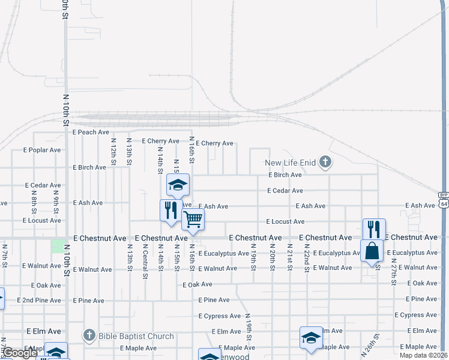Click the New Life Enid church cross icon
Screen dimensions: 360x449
pyautogui.click(x=325, y=161)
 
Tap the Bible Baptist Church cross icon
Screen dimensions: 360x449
pyautogui.click(x=89, y=335)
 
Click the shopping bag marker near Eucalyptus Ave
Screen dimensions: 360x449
pyautogui.click(x=372, y=250)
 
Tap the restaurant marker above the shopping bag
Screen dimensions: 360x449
pyautogui.click(x=374, y=228)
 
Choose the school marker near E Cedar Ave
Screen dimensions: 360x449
pyautogui.click(x=178, y=185)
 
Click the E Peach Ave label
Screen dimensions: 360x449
pyautogui.click(x=91, y=131)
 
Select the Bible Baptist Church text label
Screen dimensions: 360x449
pyautogui.click(x=136, y=336)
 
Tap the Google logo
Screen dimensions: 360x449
pyautogui.click(x=20, y=353)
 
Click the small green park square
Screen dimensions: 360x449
pyautogui.click(x=58, y=246)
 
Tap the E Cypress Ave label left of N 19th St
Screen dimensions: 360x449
pyautogui.click(x=220, y=316)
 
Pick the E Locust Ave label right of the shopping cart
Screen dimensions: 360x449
pyautogui.click(x=285, y=221)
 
